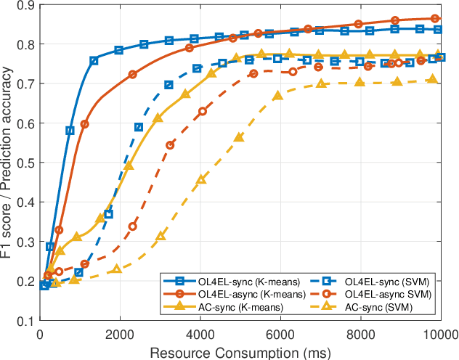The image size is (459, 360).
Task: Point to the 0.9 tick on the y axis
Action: pyautogui.click(x=28, y=6)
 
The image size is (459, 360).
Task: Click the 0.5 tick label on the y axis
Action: pyautogui.click(x=28, y=163)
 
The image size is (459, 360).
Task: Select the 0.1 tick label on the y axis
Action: pyautogui.click(x=28, y=321)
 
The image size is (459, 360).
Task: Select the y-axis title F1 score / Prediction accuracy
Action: pyautogui.click(x=9, y=163)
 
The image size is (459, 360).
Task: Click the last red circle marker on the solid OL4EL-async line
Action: pyautogui.click(x=435, y=19)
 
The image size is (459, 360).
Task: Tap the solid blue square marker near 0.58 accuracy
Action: pyautogui.click(x=70, y=131)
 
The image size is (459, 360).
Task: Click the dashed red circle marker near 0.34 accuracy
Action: pyautogui.click(x=133, y=226)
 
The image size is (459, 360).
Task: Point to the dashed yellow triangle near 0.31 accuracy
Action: pyautogui.click(x=161, y=237)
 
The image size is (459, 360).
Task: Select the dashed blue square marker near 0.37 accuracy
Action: pyautogui.click(x=108, y=214)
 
